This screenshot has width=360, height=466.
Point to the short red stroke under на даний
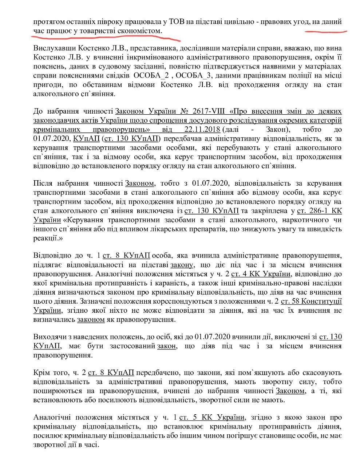pos(325,31)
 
